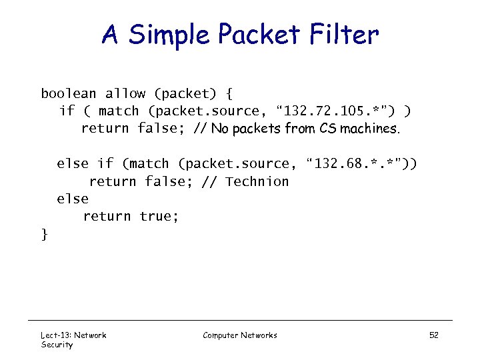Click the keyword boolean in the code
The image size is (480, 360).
click(69, 94)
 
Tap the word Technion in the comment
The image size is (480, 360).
click(257, 181)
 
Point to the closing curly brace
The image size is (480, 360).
click(45, 233)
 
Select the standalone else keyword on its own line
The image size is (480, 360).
click(73, 199)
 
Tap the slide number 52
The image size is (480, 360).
click(433, 335)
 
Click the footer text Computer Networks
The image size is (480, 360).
click(240, 335)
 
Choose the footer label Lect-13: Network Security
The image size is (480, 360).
click(73, 339)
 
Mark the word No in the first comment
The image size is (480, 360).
click(219, 129)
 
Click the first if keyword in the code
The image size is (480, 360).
click(67, 111)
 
